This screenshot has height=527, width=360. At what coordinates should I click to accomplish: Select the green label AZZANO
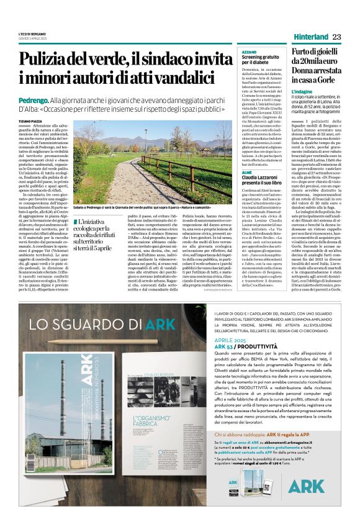tap(249, 52)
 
